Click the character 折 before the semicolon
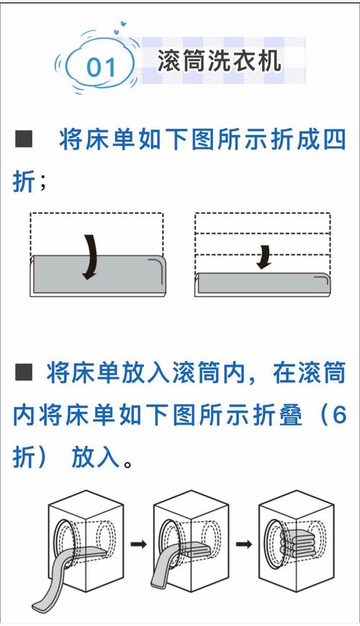coord(23,182)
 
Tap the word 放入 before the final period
coord(94,457)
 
